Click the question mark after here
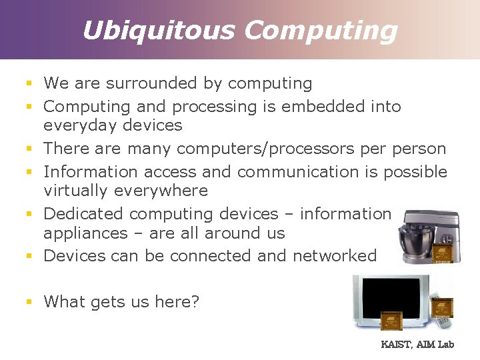[195, 301]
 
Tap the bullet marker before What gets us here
[29, 302]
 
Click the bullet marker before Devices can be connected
[29, 256]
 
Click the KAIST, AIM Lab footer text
[417, 345]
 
